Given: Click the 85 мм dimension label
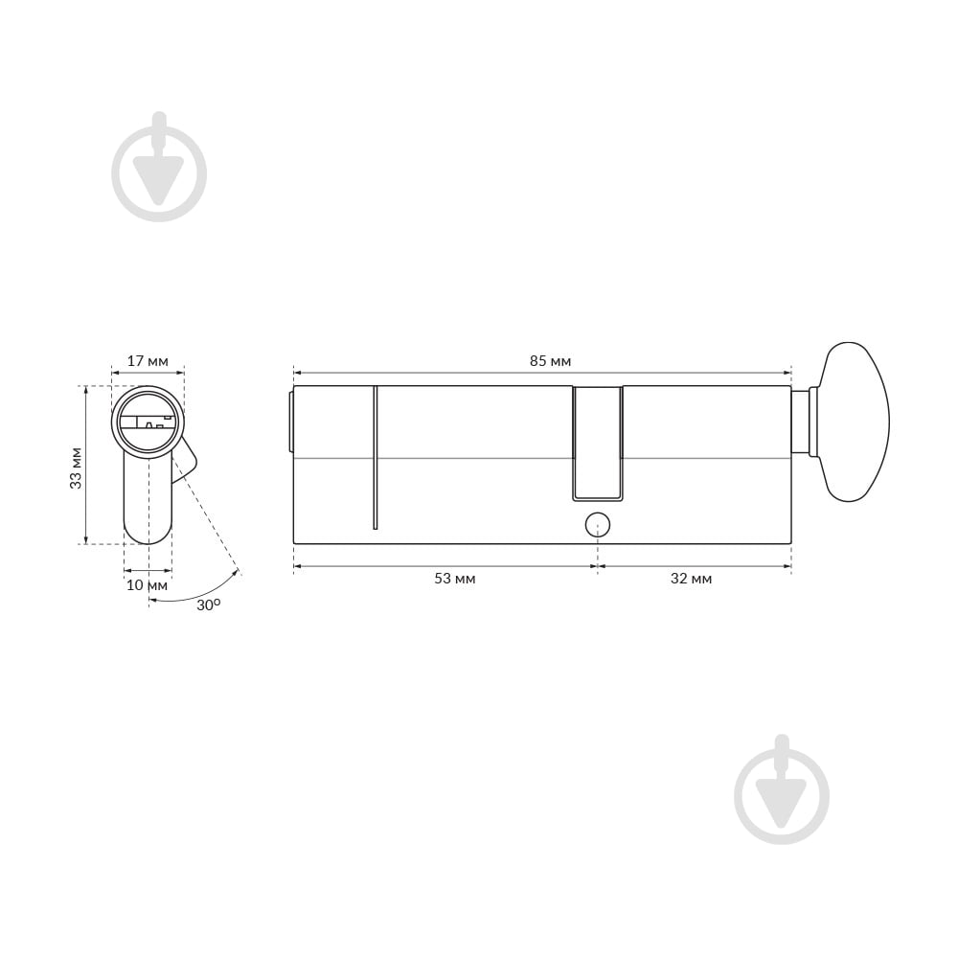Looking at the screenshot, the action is point(550,361).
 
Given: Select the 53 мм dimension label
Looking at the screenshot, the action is point(454,578).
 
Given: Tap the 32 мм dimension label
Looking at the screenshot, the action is point(691,578).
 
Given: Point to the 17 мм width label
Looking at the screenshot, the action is point(148,361).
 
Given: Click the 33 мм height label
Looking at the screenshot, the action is point(76,468).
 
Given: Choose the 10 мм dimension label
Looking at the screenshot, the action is point(147,585).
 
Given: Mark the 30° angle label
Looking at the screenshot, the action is point(208,604).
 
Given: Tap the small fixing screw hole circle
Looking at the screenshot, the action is point(598,524).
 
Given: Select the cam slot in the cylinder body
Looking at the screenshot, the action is point(598,444).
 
